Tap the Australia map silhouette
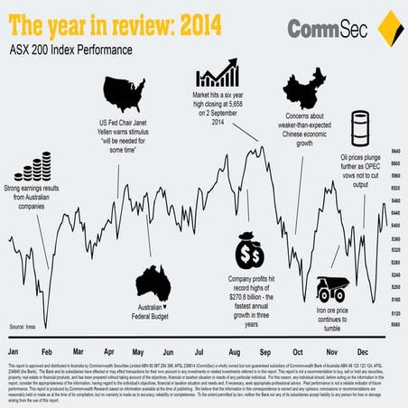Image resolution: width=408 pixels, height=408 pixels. click(x=151, y=283)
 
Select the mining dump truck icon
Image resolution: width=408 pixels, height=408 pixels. click(x=332, y=288)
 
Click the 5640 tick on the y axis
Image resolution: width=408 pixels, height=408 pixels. click(x=395, y=151)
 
